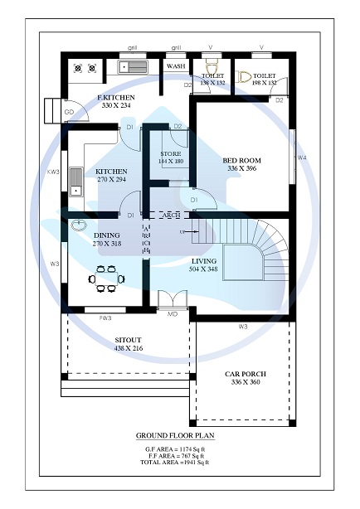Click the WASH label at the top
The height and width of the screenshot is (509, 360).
[176, 65]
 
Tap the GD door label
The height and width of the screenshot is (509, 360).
[70, 112]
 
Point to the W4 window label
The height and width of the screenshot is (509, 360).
[302, 157]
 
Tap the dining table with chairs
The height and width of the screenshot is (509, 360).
[105, 279]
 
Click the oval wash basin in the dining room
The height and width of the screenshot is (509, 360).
[80, 225]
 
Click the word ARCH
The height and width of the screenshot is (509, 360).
[171, 215]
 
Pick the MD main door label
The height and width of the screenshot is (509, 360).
[173, 314]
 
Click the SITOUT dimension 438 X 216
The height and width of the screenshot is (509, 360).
[129, 348]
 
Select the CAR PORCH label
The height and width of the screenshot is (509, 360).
[246, 374]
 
